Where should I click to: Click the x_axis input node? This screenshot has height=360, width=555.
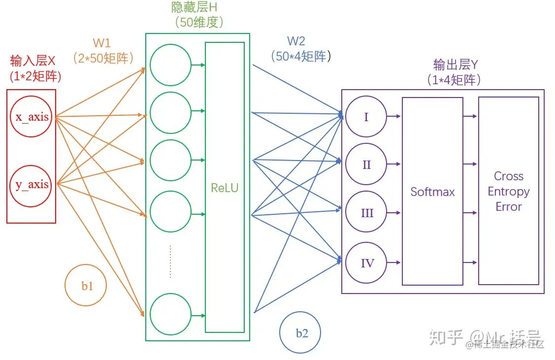(32, 118)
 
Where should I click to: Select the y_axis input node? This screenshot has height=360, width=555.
(32, 185)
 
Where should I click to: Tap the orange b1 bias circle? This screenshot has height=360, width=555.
(86, 286)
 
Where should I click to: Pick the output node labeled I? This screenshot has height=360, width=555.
(366, 117)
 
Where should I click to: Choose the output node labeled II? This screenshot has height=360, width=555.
(366, 164)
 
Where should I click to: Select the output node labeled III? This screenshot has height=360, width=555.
(366, 213)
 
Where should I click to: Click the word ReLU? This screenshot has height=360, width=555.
(225, 188)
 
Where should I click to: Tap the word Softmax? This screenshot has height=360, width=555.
(432, 192)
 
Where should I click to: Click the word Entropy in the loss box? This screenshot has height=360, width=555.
(509, 192)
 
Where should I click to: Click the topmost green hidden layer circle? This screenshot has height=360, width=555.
(170, 65)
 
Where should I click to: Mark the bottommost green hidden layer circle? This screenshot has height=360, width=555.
(170, 314)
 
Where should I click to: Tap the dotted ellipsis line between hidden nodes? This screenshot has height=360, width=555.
(170, 261)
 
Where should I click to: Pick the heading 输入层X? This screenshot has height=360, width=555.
(33, 61)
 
